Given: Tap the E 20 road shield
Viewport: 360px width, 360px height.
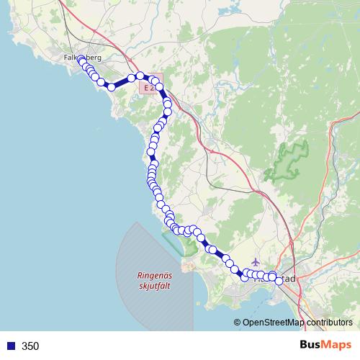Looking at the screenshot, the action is point(149,87).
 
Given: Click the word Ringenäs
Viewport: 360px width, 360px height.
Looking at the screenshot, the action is point(156,274).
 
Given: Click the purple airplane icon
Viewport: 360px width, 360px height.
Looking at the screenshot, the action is point(258,262).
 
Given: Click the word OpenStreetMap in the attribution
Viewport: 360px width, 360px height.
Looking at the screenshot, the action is point(274,323).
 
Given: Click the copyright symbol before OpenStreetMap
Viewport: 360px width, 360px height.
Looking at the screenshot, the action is point(237,323).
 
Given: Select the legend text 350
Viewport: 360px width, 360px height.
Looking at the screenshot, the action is point(30,346).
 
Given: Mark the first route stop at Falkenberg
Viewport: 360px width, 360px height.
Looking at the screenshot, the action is point(81,60).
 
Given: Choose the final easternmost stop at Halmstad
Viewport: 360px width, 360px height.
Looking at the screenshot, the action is point(280,281).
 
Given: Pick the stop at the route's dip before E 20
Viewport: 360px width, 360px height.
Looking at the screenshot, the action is point(112,86).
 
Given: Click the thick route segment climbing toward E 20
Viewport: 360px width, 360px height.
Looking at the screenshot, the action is point(122,82).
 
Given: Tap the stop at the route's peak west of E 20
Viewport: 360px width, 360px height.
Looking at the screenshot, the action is point(140,75).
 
